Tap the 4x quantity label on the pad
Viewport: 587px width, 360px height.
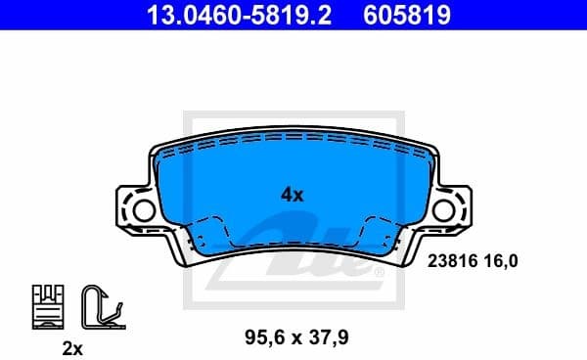(x=293, y=195)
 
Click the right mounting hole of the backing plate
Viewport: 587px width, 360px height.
(x=444, y=208)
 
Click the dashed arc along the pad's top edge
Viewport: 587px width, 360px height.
(x=293, y=138)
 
